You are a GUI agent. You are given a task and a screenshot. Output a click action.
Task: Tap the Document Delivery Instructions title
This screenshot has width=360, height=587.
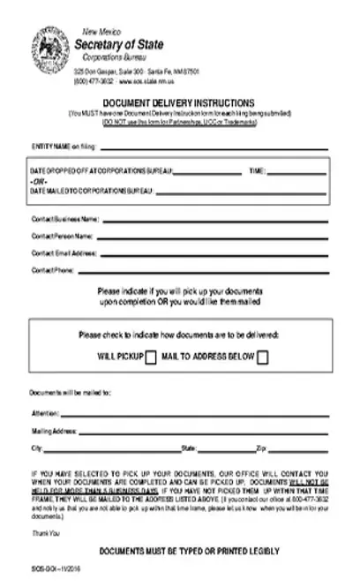coord(178,102)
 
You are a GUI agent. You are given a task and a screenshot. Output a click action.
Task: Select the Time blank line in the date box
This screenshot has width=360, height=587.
coord(296,170)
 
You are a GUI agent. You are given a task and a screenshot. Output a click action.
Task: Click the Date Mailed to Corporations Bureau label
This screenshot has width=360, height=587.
coord(93,191)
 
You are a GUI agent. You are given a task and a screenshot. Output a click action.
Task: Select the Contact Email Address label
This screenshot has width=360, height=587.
coord(64,253)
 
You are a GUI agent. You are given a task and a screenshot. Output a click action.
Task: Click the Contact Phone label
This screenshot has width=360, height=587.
coord(53,271)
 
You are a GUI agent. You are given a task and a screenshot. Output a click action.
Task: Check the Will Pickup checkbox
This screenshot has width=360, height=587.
coord(151,357)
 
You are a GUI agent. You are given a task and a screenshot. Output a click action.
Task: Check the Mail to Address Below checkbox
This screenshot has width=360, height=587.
coord(262,357)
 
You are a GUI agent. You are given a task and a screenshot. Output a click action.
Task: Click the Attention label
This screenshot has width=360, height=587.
coord(45,413)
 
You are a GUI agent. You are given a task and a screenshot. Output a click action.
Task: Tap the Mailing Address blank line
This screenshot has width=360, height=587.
coord(204,432)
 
